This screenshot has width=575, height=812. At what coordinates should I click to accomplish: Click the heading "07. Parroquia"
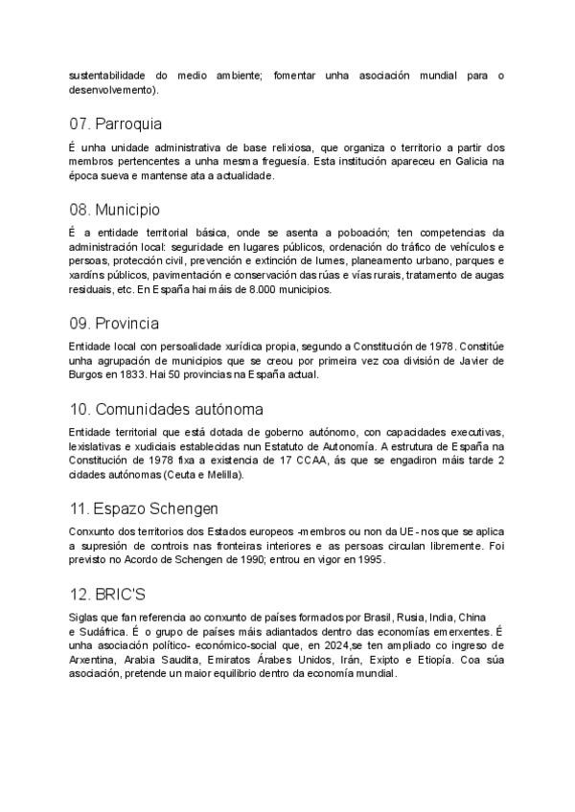pos(115,124)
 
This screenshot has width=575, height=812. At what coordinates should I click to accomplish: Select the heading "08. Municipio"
pos(114,209)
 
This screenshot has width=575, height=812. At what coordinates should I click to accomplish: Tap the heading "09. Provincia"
pos(114,323)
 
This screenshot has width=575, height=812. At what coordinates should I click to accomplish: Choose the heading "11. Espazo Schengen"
pos(143,508)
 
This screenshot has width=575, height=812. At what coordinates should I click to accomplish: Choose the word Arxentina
pos(94,660)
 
